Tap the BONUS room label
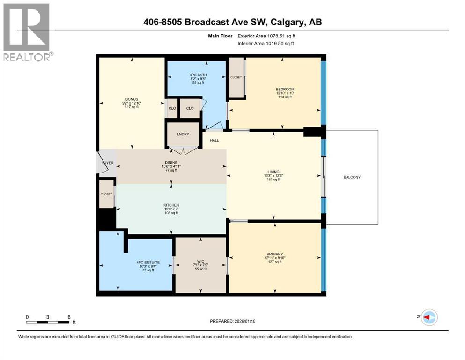(131, 99)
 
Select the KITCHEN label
(171, 205)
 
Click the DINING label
(171, 162)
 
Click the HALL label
(214, 140)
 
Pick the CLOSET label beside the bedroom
(236, 77)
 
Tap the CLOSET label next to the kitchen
(106, 194)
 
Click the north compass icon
(428, 317)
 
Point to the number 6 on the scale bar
(69, 317)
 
